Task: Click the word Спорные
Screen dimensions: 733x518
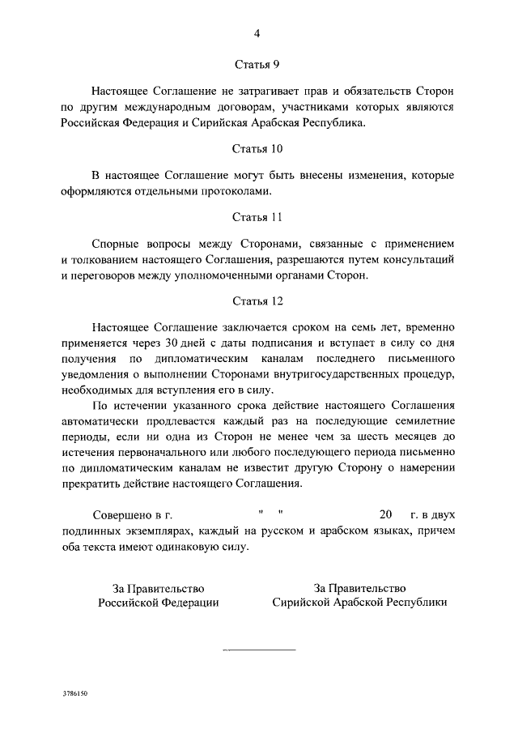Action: coord(118,243)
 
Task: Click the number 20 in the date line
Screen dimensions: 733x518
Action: coord(385,515)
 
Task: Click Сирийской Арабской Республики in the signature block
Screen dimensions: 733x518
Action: coord(359,603)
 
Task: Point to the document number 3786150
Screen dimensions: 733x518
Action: coord(74,695)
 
